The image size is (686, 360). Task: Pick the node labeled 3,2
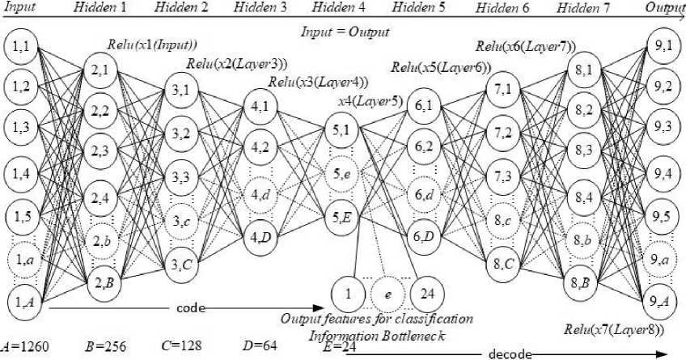182,133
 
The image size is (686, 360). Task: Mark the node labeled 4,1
260,104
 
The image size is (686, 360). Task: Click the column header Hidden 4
338,7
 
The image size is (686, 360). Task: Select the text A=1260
26,346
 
